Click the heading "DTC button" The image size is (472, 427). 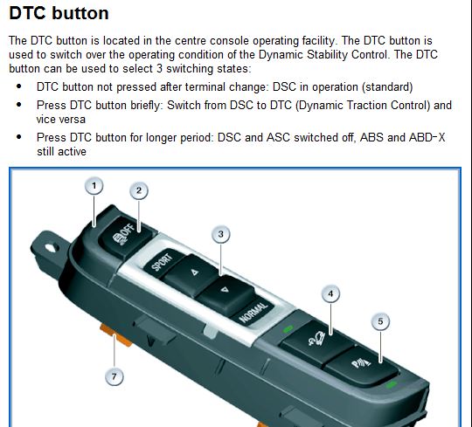coord(59,13)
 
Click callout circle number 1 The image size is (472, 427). coord(94,186)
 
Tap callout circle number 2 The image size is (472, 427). coord(139,190)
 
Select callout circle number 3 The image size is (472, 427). coord(222,234)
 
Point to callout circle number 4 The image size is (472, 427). coord(330,293)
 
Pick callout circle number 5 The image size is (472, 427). coord(380,321)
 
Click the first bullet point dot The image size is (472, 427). coord(20,87)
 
